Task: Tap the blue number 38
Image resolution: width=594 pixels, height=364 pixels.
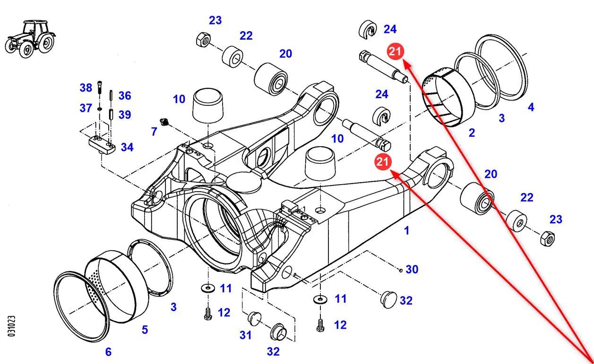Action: (86, 88)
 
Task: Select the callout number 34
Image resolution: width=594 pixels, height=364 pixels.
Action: (127, 147)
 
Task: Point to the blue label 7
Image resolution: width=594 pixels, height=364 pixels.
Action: (154, 132)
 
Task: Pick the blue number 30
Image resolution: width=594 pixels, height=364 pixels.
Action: (412, 269)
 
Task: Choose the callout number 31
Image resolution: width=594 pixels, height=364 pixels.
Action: (245, 335)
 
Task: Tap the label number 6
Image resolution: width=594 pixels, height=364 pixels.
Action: (108, 352)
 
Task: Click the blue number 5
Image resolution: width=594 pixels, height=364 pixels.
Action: (145, 329)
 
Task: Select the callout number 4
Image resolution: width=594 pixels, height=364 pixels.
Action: (531, 107)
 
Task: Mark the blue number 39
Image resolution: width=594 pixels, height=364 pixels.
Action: (125, 115)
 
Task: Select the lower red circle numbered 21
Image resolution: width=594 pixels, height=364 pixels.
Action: (382, 162)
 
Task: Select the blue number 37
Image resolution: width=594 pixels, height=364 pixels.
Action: (86, 108)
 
